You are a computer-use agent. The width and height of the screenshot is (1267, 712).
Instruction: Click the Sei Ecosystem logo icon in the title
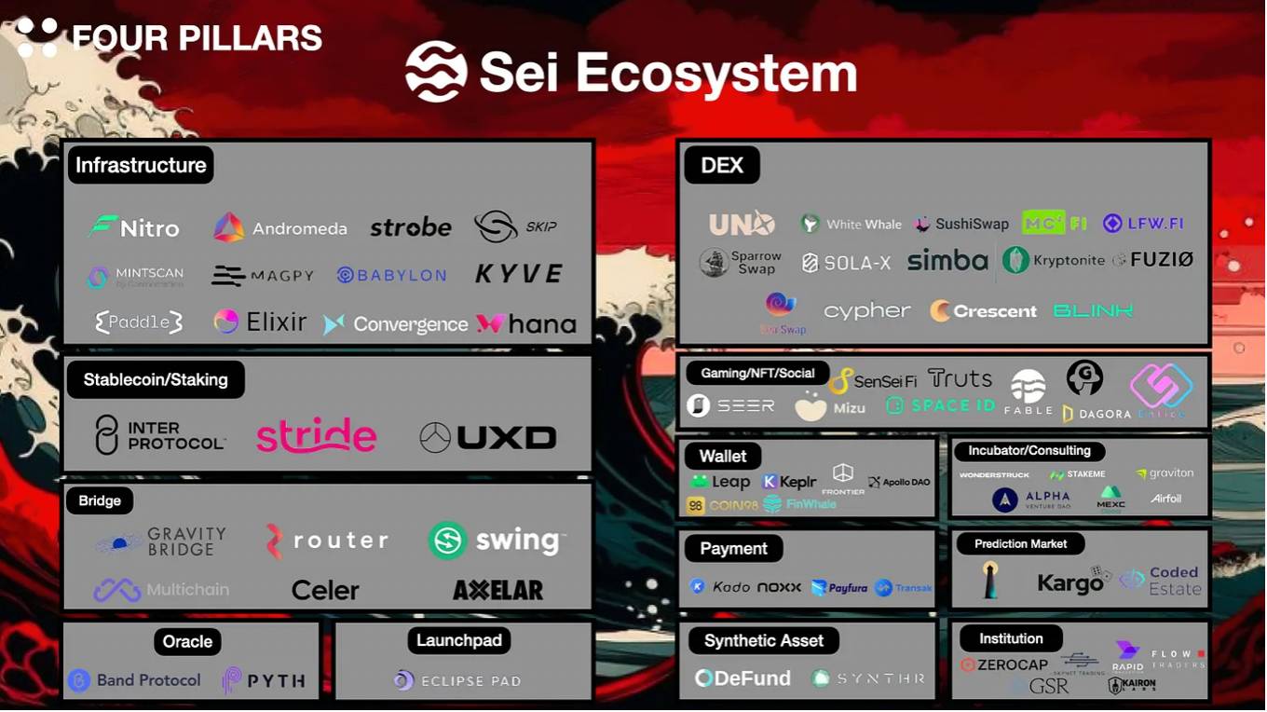pyautogui.click(x=436, y=72)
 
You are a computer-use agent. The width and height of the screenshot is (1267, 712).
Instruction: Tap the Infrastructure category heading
pyautogui.click(x=141, y=165)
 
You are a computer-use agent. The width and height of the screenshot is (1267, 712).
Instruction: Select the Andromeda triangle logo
pyautogui.click(x=229, y=227)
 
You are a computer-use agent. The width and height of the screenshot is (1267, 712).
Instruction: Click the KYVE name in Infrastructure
pyautogui.click(x=519, y=274)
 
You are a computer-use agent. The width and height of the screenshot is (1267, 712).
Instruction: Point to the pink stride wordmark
pyautogui.click(x=317, y=435)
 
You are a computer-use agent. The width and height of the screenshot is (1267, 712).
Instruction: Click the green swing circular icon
pyautogui.click(x=448, y=541)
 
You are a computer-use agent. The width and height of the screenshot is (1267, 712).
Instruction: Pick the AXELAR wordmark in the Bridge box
pyautogui.click(x=497, y=590)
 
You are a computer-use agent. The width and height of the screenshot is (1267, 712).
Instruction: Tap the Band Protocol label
pyautogui.click(x=148, y=680)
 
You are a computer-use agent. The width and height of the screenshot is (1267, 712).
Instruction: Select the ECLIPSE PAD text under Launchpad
pyautogui.click(x=470, y=681)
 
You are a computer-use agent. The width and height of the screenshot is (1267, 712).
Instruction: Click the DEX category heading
pyautogui.click(x=722, y=166)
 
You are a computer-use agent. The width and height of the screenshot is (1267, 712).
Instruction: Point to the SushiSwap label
pyautogui.click(x=972, y=224)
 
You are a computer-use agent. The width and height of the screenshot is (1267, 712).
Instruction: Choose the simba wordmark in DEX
pyautogui.click(x=947, y=261)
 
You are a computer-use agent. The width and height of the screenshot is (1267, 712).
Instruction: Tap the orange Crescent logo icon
pyautogui.click(x=941, y=311)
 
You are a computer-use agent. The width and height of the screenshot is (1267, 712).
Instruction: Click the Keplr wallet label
pyautogui.click(x=797, y=482)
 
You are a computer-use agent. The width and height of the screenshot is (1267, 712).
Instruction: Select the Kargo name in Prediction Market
pyautogui.click(x=1069, y=583)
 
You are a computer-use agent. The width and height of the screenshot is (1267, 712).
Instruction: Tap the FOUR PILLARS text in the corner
pyautogui.click(x=197, y=38)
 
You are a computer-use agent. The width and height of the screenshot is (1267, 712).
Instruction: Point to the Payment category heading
pyautogui.click(x=733, y=549)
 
